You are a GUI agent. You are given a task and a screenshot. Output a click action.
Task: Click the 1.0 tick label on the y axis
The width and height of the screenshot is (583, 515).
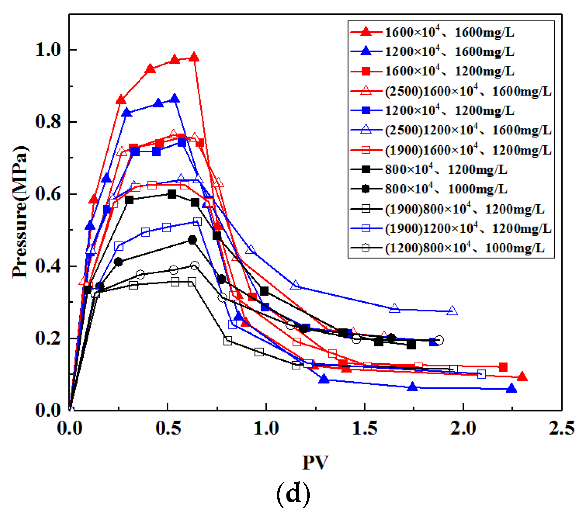coord(48,50)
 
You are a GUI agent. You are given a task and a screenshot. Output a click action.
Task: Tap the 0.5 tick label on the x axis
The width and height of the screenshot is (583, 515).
coord(167,428)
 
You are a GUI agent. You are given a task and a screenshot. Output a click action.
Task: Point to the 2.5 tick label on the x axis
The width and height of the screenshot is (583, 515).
coord(561,428)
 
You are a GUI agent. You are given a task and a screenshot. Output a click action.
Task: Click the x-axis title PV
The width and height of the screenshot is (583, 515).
coord(315,462)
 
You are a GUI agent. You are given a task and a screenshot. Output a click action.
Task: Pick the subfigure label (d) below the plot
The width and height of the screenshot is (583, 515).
coord(293,494)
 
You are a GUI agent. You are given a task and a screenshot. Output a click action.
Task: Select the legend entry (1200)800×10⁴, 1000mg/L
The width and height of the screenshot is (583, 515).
coord(464,248)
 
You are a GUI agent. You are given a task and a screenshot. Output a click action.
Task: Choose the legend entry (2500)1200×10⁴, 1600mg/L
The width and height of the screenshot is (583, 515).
coord(468,130)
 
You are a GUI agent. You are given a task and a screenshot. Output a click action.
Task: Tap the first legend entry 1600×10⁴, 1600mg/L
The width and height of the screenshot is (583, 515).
coord(449,32)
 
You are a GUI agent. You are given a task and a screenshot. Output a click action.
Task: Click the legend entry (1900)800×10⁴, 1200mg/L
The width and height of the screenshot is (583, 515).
coord(464,209)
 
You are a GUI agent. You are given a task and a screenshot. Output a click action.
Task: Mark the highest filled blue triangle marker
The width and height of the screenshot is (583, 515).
coord(174,99)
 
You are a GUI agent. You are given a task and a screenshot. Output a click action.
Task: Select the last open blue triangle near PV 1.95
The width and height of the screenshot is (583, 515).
coord(452,311)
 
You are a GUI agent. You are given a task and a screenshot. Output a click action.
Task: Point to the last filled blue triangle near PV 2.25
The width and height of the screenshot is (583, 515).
coord(511,388)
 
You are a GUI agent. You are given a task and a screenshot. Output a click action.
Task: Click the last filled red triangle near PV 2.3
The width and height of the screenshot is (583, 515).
coord(522,377)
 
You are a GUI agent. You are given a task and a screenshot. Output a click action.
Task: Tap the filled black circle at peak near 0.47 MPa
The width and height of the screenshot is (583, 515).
coord(192,240)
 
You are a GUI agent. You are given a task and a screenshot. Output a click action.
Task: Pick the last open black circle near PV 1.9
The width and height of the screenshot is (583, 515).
coord(439,340)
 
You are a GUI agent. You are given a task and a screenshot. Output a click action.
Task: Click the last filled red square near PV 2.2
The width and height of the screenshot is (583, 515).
coord(503,367)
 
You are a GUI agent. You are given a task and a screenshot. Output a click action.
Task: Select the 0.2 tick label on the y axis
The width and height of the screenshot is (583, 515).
coord(48,338)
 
